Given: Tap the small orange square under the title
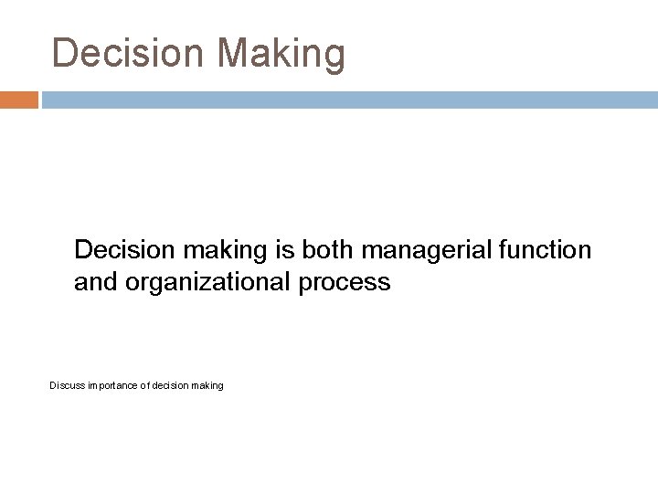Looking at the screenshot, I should click(19, 100).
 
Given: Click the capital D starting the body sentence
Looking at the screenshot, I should click(83, 249).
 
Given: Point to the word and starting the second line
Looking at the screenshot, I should click(93, 283).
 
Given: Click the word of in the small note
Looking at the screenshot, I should click(149, 386).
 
